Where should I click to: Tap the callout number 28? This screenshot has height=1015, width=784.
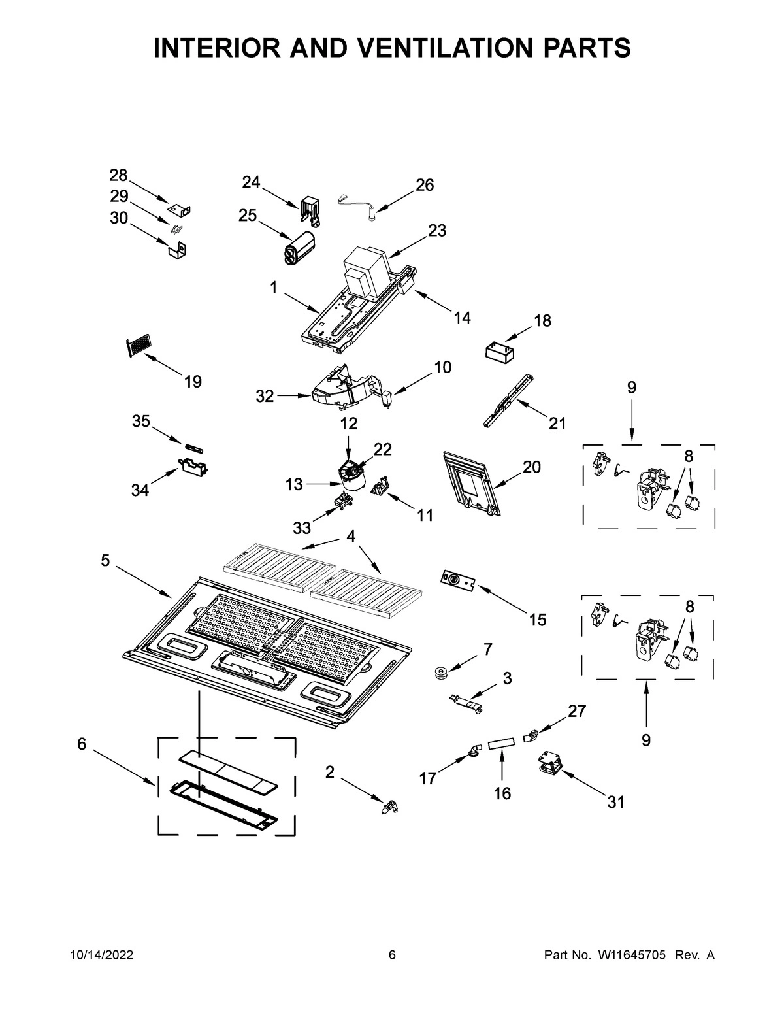pyautogui.click(x=118, y=175)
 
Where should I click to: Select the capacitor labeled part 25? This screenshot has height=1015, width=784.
pyautogui.click(x=298, y=248)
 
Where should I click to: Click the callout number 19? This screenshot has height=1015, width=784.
pyautogui.click(x=193, y=382)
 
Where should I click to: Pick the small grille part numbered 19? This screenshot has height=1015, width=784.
pyautogui.click(x=137, y=346)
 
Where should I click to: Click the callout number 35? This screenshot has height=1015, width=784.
pyautogui.click(x=141, y=422)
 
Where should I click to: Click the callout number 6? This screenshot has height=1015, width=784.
pyautogui.click(x=82, y=744)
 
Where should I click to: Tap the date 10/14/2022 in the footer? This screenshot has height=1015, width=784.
pyautogui.click(x=101, y=956)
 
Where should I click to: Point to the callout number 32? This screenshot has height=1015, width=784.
pyautogui.click(x=265, y=396)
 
